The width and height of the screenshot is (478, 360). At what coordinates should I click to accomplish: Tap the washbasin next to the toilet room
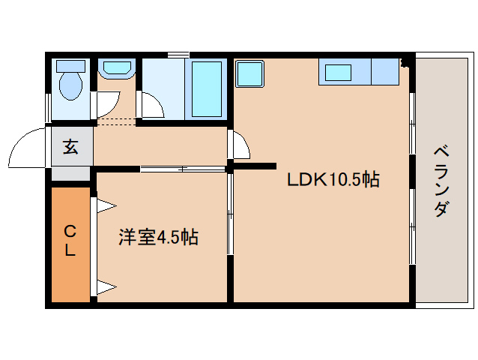coord(117,69)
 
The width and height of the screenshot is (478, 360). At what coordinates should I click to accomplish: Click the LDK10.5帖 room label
coord(333,179)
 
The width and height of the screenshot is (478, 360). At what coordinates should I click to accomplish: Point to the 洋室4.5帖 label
coord(158,238)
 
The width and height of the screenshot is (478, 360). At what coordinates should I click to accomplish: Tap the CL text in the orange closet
coord(70,240)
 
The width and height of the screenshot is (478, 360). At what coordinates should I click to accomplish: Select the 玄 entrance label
coord(70,147)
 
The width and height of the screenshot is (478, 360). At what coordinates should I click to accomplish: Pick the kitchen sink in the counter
coord(339,73)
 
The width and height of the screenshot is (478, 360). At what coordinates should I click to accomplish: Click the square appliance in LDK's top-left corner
coord(249,74)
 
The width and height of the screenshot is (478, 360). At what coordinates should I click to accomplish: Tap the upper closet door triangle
coord(103,204)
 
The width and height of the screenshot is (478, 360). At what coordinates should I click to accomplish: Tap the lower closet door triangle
coord(103,286)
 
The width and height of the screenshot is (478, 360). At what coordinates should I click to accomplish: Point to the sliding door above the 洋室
coord(183,169)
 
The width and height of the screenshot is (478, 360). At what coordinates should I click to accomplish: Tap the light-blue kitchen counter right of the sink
coord(385,72)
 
